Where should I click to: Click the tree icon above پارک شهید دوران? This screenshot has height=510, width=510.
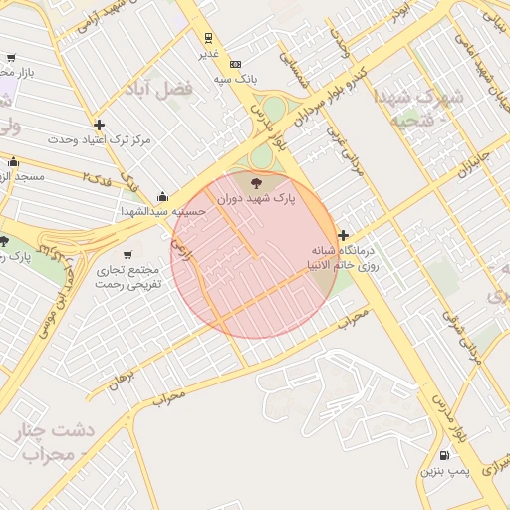tap(257, 182)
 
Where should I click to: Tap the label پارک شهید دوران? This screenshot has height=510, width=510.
tap(257, 200)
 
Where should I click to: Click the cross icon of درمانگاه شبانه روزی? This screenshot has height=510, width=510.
tap(344, 236)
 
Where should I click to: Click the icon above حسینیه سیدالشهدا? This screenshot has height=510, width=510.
tap(163, 196)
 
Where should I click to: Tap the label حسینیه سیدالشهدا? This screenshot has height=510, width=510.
tap(163, 212)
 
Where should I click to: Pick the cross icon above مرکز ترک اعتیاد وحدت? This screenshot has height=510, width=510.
tap(99, 125)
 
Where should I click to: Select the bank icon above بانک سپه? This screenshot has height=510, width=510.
tap(235, 63)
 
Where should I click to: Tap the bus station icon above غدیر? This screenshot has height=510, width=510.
tap(208, 38)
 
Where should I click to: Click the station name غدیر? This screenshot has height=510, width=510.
tap(208, 54)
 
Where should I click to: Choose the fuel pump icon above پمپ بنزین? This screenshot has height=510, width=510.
tap(443, 455)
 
